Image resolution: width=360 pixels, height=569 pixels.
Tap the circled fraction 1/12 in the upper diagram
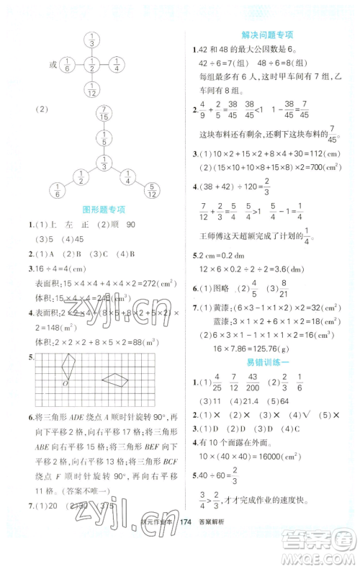pyautogui.click(x=92, y=90)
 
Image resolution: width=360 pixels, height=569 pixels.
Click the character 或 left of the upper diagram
pyautogui.click(x=52, y=65)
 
